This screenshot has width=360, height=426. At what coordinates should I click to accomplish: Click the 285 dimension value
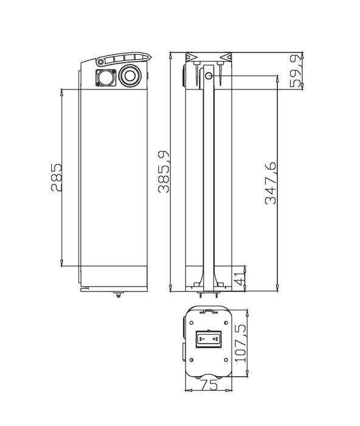pos(56,178)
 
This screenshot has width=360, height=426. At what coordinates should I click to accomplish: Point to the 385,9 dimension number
pos(164,172)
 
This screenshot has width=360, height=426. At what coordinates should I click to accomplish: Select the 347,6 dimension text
pos(271,183)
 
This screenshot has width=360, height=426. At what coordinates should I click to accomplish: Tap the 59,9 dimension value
pos(296,71)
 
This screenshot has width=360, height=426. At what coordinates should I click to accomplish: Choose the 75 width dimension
pos(209,385)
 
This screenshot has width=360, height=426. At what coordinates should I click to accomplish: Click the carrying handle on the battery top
pos(124,58)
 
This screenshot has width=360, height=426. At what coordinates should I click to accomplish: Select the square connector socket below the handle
pos(106,78)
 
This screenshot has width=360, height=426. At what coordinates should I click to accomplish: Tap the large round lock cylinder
pos(130,75)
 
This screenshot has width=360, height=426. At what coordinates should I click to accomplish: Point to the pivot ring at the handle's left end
pos(101,62)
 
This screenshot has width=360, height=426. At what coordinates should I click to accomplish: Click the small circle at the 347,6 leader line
pos(209,76)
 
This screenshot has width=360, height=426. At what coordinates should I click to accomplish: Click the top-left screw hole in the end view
pos(192,323)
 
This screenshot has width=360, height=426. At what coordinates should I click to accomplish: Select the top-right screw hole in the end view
pos(226,323)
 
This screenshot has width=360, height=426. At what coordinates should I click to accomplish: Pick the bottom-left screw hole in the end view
pos(192,360)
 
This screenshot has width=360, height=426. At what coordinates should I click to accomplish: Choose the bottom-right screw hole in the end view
pos(226,360)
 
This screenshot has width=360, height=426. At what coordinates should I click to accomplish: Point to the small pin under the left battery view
pos(119,295)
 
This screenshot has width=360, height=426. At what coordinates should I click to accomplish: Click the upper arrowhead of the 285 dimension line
pos(61,93)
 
